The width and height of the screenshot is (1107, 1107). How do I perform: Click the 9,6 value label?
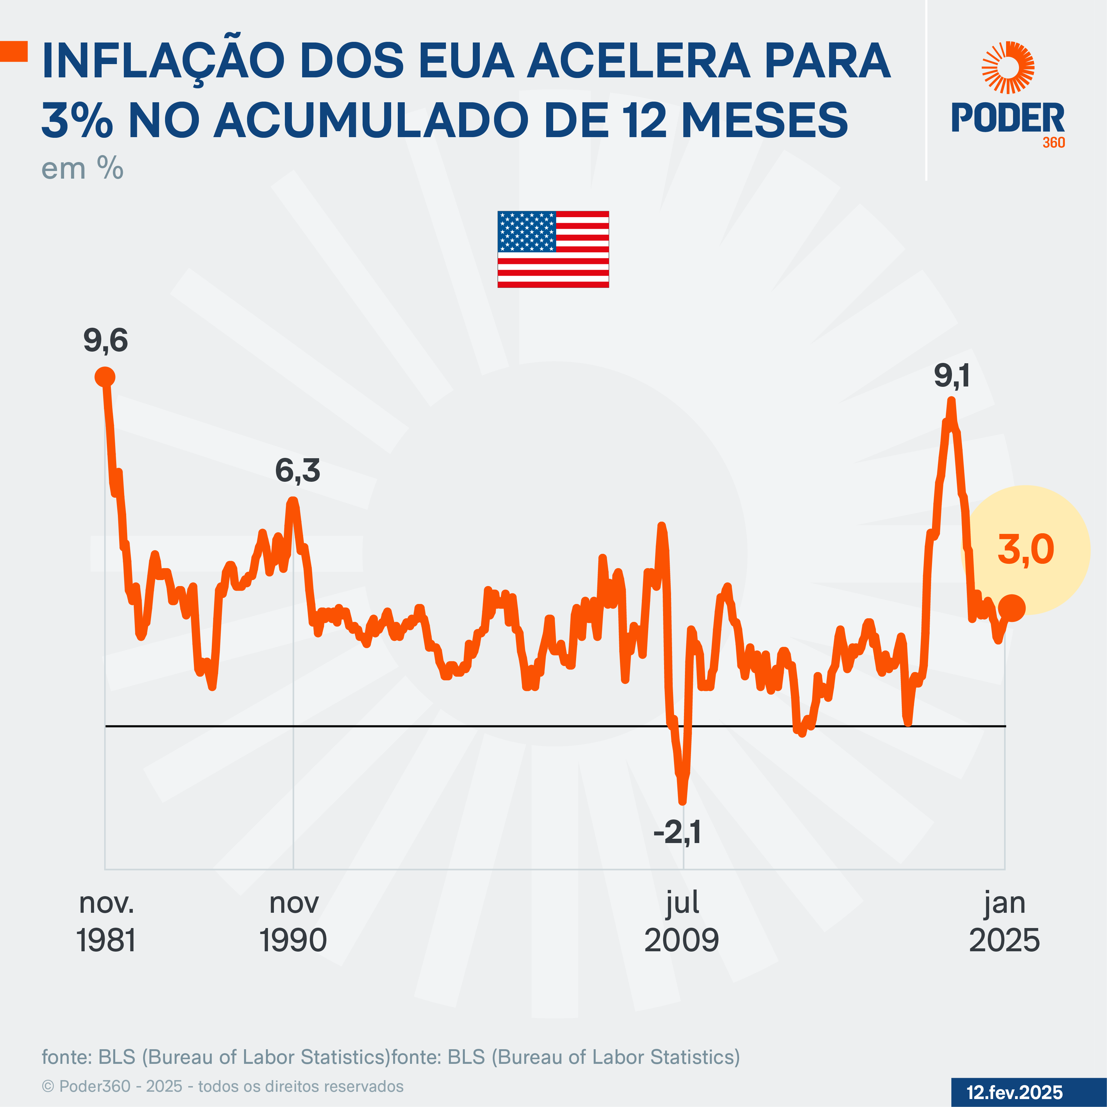(x=106, y=341)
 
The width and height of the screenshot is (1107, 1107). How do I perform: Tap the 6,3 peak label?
(x=298, y=471)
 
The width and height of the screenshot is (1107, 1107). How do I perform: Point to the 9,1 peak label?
(x=952, y=377)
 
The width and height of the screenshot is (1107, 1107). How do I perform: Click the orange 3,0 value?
(x=1026, y=550)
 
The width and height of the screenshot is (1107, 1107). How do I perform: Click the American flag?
(x=553, y=249)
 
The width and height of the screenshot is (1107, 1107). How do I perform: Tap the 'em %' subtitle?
(x=82, y=169)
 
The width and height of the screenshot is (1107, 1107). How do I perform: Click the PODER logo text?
(x=1008, y=118)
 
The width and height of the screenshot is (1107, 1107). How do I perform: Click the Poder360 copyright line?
(x=223, y=1086)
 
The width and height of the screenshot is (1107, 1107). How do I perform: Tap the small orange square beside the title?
(x=14, y=51)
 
